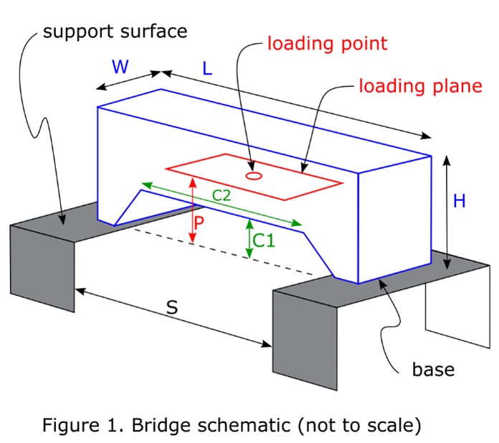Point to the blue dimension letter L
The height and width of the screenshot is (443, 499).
click(207, 70)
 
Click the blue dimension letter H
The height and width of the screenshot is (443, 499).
click(460, 201)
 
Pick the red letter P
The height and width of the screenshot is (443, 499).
click(200, 222)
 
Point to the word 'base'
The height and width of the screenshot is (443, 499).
click(433, 370)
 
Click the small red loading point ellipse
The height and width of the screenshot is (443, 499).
click(252, 174)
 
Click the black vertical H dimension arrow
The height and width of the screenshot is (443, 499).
click(447, 212)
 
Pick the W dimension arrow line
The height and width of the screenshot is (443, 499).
click(129, 80)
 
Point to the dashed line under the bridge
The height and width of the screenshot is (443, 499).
click(229, 252)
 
